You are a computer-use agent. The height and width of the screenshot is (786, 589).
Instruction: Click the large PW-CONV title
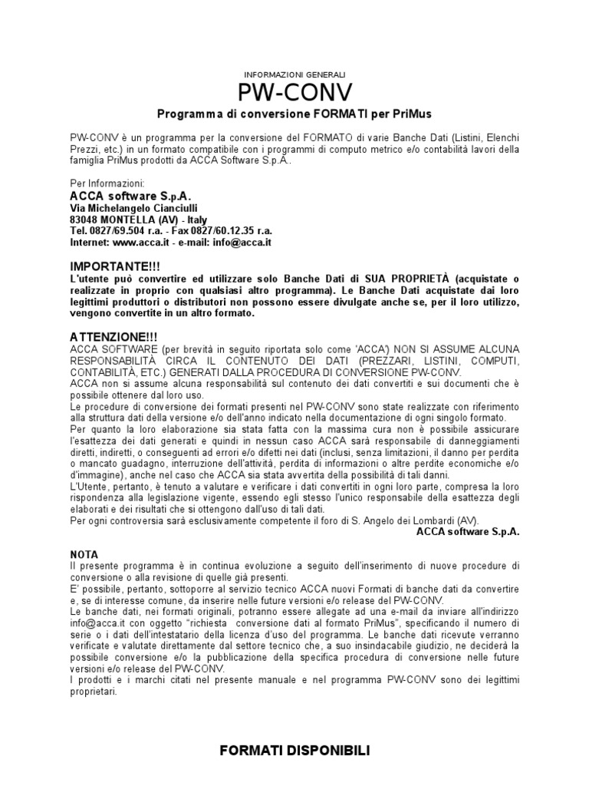pyautogui.click(x=294, y=93)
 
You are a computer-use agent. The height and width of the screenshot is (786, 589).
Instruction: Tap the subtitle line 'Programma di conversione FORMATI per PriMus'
pyautogui.click(x=294, y=114)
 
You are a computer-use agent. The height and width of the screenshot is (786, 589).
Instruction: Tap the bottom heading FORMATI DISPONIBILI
pyautogui.click(x=294, y=751)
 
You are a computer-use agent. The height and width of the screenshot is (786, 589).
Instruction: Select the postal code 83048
pyautogui.click(x=84, y=219)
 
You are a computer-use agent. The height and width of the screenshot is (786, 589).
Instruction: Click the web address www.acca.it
pyautogui.click(x=142, y=242)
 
